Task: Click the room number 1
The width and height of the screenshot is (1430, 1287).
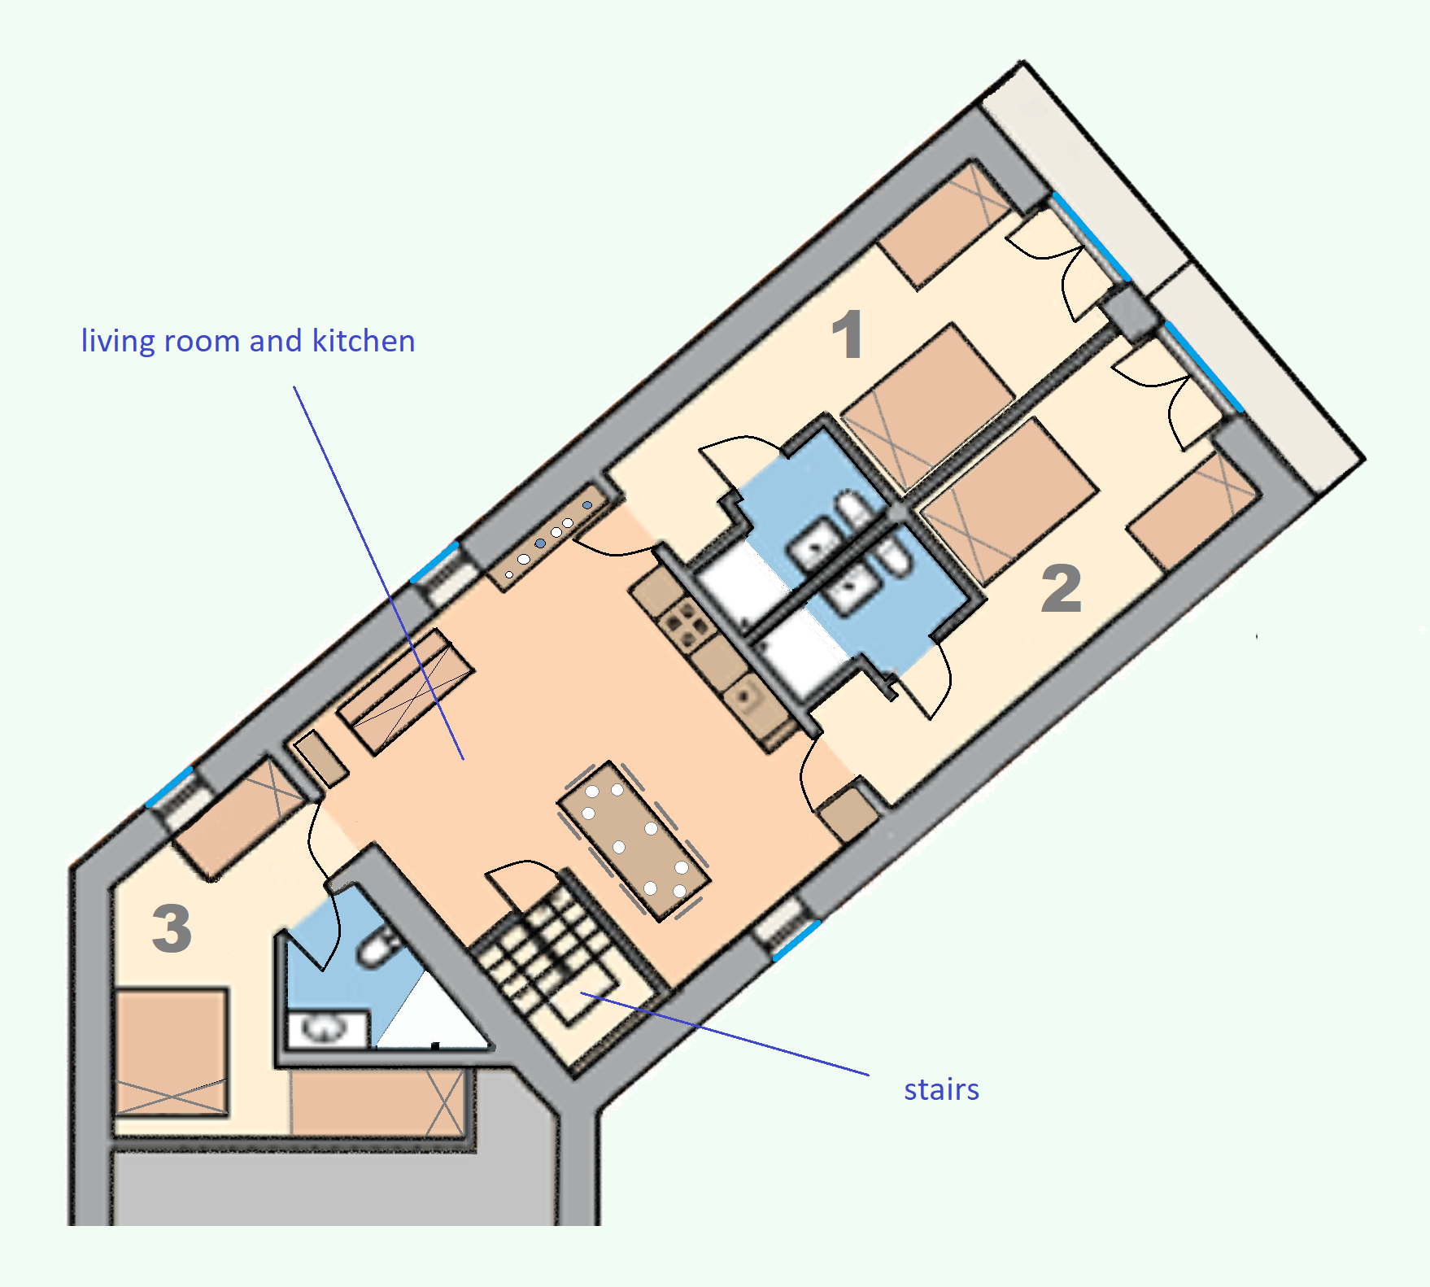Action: click(848, 334)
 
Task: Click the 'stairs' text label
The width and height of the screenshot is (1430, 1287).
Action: click(941, 1089)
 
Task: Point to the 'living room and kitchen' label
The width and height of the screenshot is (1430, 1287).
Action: click(248, 341)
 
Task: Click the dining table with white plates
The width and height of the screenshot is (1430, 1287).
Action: click(634, 840)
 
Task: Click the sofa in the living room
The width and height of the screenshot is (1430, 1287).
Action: click(406, 691)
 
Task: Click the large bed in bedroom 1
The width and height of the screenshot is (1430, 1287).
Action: click(927, 407)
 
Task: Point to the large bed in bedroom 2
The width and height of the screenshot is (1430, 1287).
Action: click(1009, 500)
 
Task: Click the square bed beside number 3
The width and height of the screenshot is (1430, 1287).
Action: click(172, 1052)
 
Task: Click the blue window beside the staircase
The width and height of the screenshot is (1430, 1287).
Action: click(796, 940)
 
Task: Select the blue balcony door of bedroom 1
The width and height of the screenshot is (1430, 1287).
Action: click(1090, 237)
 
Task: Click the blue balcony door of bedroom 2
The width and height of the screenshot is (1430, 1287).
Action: click(1204, 367)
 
